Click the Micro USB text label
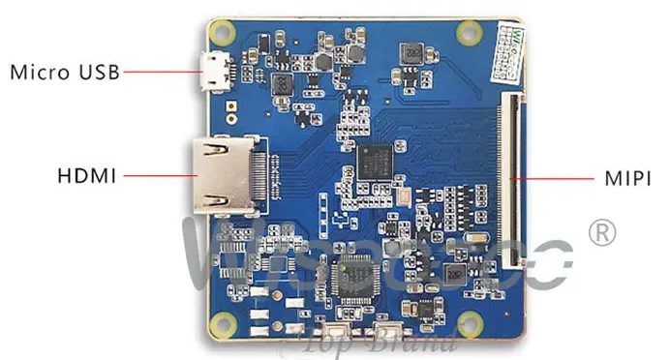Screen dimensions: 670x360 click(65, 72)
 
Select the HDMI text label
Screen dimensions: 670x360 click(87, 176)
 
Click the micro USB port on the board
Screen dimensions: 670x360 click(214, 71)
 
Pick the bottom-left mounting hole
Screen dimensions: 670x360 click(227, 322)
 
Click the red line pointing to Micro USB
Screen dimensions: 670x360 click(160, 72)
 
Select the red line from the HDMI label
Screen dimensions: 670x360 click(155, 177)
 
